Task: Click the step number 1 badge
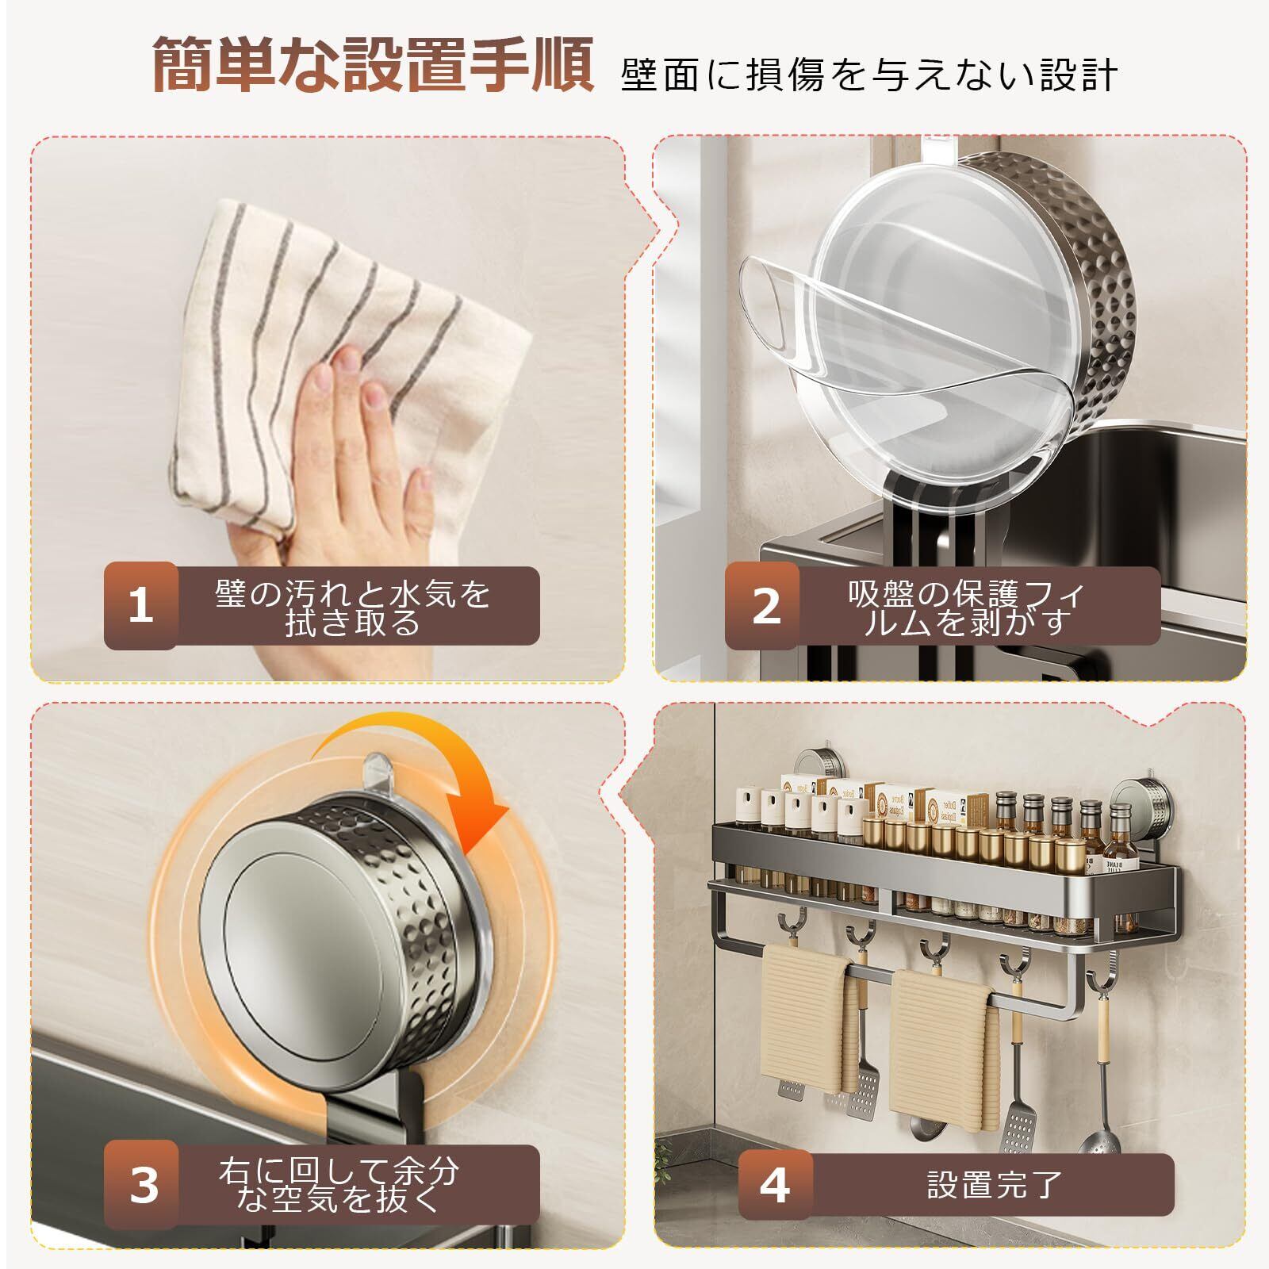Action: pyautogui.click(x=140, y=606)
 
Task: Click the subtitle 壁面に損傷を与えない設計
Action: pyautogui.click(x=869, y=76)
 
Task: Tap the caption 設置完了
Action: pyautogui.click(x=995, y=1185)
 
